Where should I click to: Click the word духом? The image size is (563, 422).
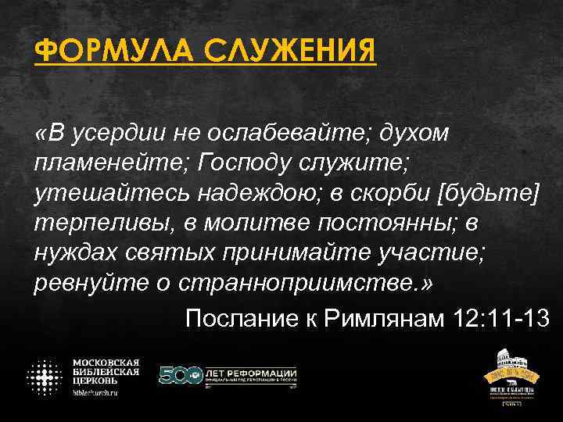pyautogui.click(x=415, y=134)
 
